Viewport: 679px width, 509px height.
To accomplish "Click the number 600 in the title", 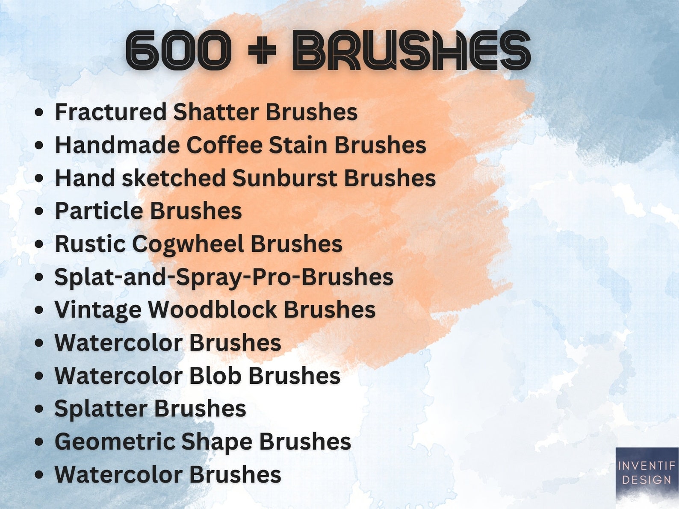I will (178, 50).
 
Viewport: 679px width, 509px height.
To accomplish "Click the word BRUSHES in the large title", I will (411, 50).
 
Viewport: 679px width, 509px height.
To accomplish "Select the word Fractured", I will (111, 112).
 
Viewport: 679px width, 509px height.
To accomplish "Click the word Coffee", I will (224, 145).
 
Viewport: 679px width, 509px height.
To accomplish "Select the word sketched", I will (174, 178).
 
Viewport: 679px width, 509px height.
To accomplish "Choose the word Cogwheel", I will (188, 244).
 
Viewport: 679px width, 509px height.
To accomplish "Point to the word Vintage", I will (98, 310).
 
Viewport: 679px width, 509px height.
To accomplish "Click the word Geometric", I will (115, 441).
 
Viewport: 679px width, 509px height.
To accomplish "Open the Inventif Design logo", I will (647, 474).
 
